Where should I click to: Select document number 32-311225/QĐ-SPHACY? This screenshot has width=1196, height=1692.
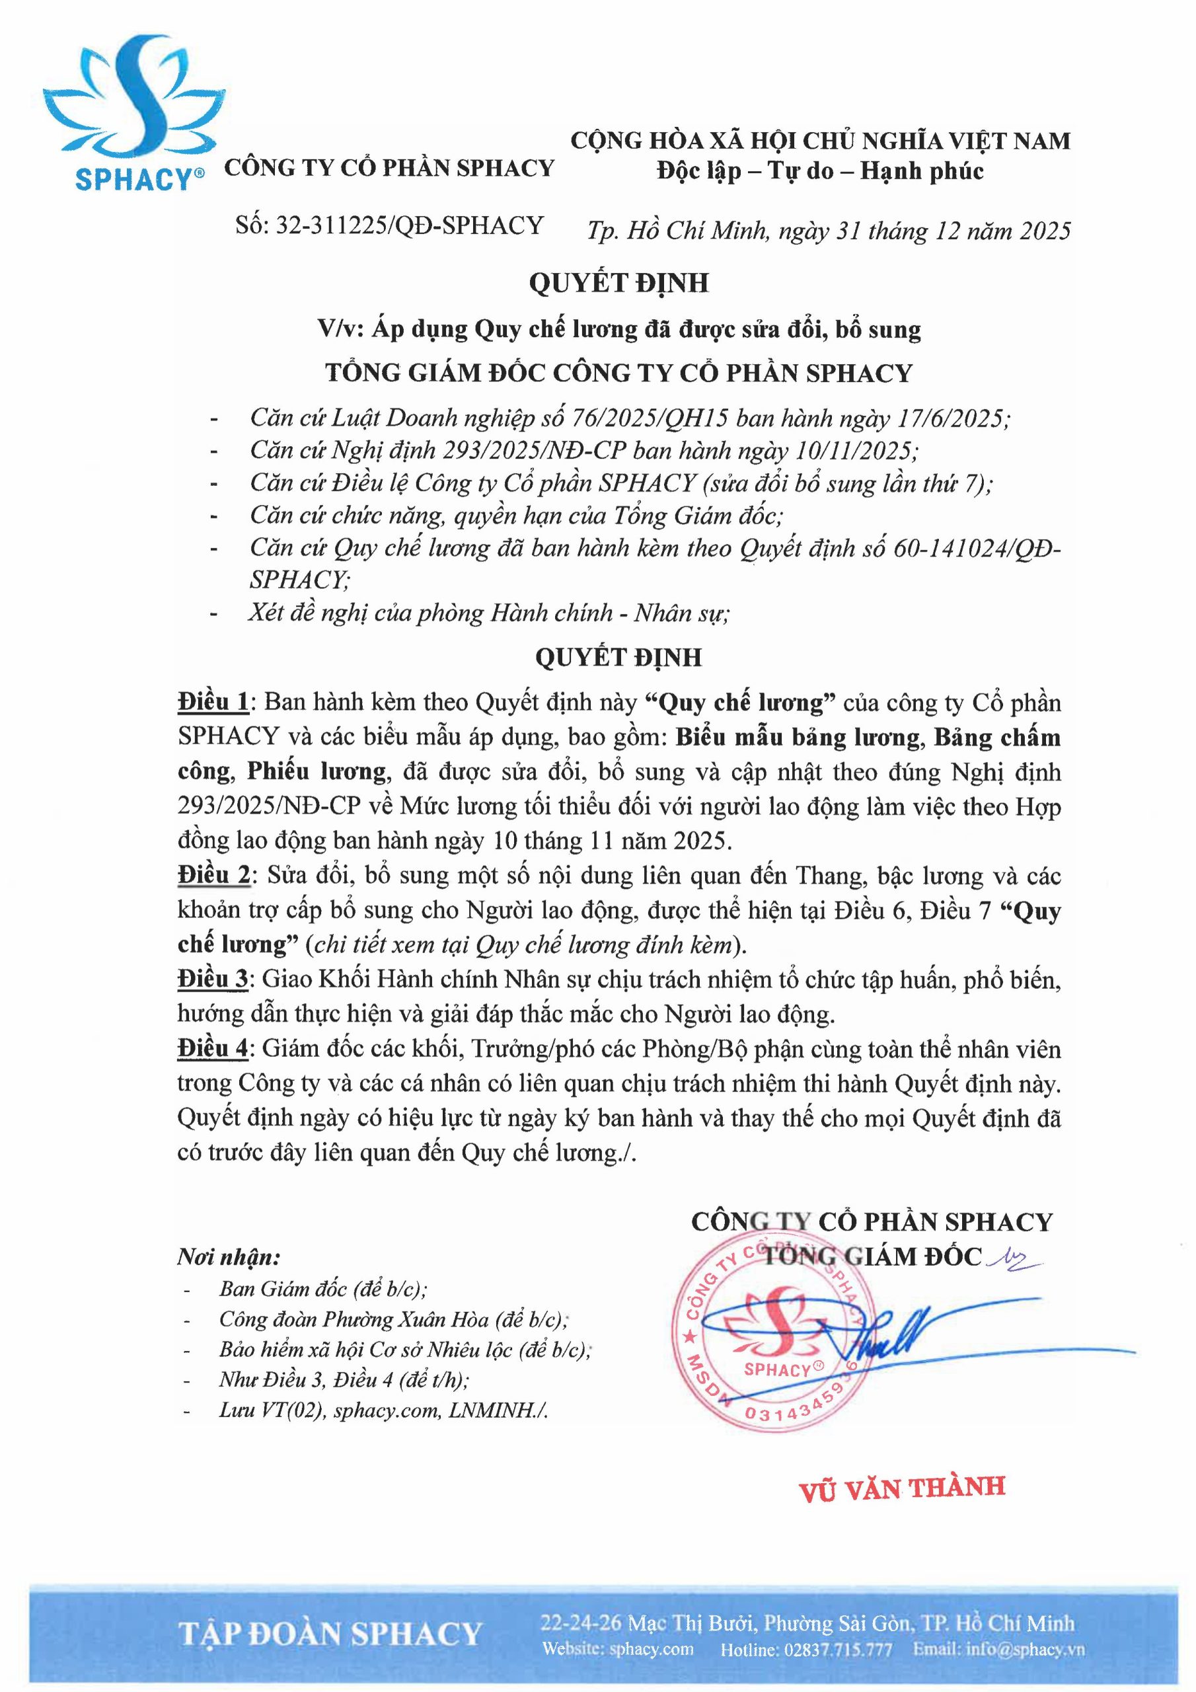click(389, 225)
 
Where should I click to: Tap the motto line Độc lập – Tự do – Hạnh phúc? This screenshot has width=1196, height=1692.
click(820, 171)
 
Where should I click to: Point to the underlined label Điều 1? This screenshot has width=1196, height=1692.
click(213, 703)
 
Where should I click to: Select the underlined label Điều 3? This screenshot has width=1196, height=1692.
click(213, 980)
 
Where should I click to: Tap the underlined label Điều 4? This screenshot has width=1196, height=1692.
click(213, 1050)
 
